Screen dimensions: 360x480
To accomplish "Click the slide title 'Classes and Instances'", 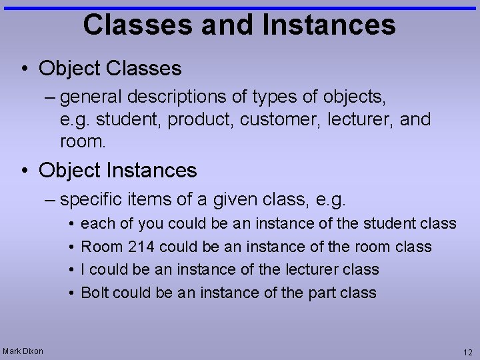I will coord(239,25).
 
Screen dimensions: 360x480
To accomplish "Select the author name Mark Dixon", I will coord(23,351).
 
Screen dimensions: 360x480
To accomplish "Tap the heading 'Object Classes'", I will coord(110,68).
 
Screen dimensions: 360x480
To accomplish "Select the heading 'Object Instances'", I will coord(118,170).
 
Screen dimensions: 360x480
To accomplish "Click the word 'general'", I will coord(90,97).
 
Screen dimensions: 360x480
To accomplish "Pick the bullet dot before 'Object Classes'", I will coord(23,69).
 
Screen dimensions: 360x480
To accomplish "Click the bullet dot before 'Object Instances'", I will coord(23,171).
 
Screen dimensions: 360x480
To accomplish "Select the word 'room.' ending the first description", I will coord(83,142).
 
